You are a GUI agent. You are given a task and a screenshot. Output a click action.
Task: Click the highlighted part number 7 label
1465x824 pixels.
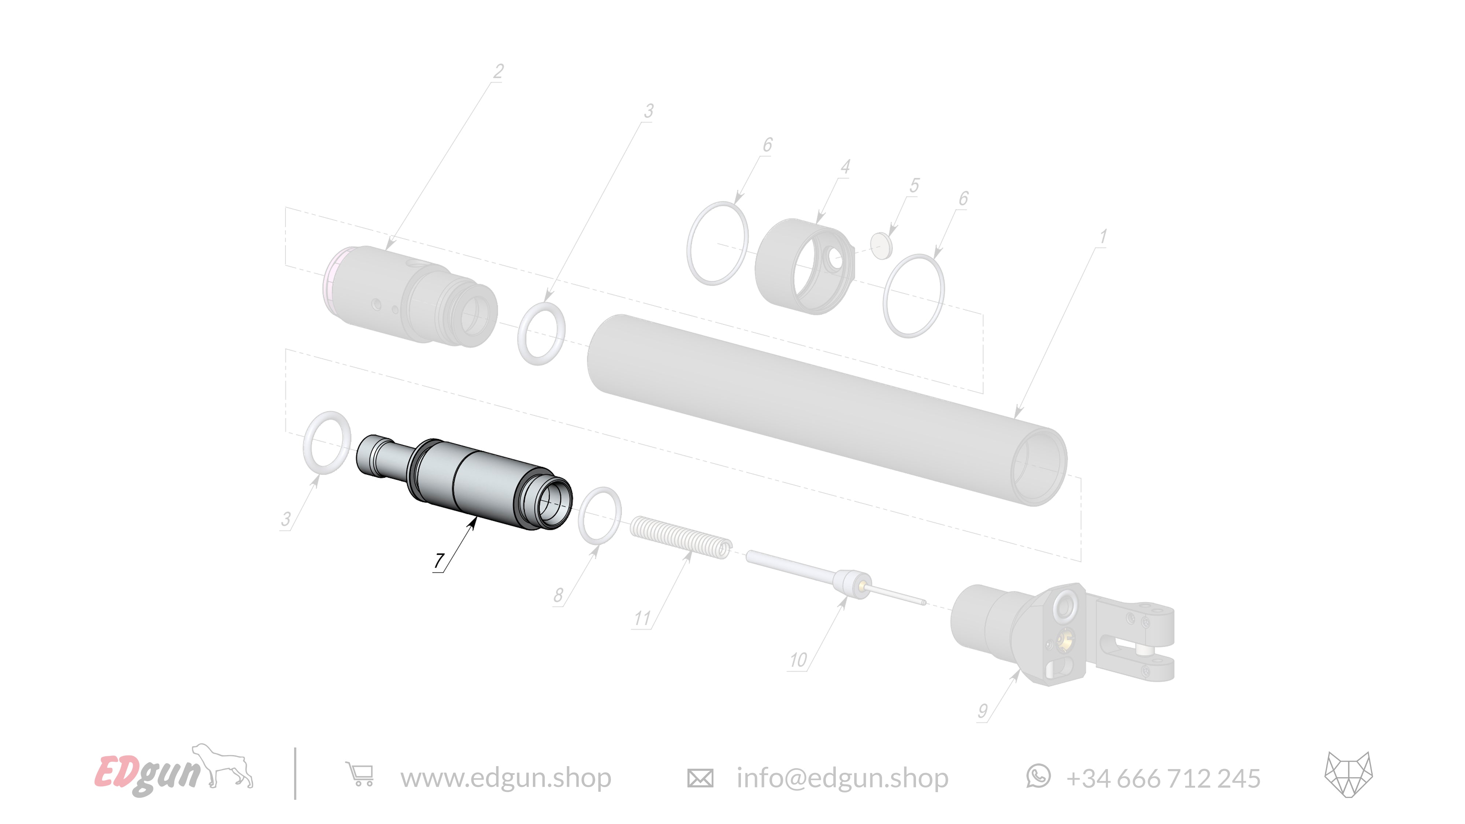pyautogui.click(x=438, y=561)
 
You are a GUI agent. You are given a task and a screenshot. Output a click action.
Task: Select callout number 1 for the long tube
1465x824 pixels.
pyautogui.click(x=1103, y=237)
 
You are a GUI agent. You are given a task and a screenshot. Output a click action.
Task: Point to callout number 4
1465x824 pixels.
pyautogui.click(x=845, y=167)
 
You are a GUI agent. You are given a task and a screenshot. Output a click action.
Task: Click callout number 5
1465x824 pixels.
pyautogui.click(x=914, y=185)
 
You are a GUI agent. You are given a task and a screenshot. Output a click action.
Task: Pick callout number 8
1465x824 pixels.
pyautogui.click(x=559, y=595)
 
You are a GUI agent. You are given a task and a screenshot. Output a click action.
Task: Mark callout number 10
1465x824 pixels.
pyautogui.click(x=798, y=660)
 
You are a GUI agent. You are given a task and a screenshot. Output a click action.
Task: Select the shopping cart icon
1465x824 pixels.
pyautogui.click(x=359, y=775)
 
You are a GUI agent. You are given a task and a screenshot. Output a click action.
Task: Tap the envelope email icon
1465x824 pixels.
pyautogui.click(x=700, y=777)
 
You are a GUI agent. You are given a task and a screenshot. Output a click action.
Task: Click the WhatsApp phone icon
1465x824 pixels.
pyautogui.click(x=1038, y=776)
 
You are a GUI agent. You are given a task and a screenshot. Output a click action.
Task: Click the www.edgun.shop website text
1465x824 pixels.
pyautogui.click(x=505, y=777)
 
